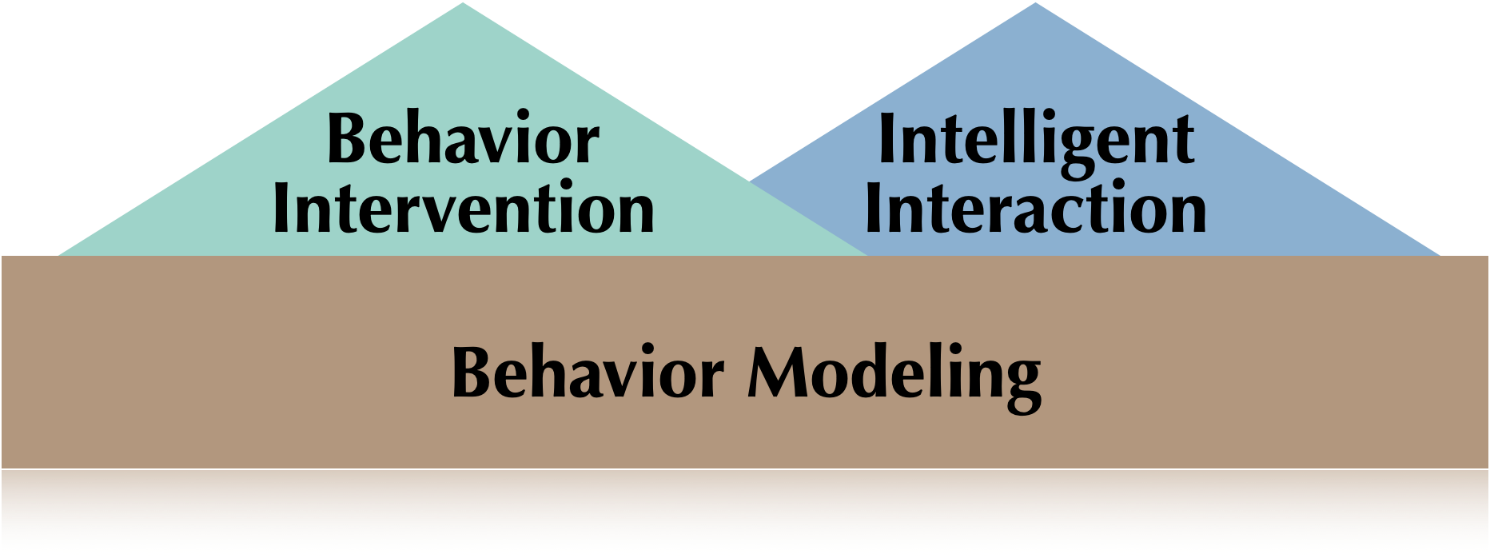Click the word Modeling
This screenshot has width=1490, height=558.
894,374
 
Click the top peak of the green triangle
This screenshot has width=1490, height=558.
463,4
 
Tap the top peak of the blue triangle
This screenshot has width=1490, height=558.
1036,4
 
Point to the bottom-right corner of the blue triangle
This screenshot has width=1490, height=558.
1439,254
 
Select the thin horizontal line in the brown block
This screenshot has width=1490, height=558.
745,469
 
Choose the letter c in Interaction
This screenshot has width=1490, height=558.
1069,212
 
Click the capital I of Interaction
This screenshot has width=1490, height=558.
874,209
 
